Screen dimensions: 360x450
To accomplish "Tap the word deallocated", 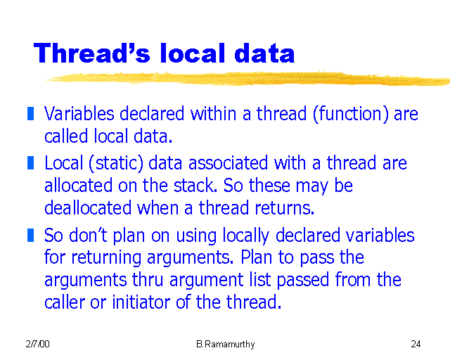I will (x=86, y=209).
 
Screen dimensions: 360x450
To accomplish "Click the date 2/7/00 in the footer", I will (x=37, y=345).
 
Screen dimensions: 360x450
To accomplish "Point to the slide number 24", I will (x=416, y=345).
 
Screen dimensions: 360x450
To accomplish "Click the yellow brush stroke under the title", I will (x=246, y=77).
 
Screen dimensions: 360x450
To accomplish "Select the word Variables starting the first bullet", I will (x=78, y=114).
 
